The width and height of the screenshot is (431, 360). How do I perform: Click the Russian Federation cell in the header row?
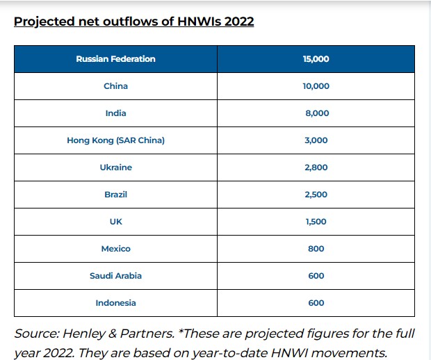pyautogui.click(x=115, y=59)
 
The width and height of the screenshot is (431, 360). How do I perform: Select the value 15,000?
pyautogui.click(x=316, y=59)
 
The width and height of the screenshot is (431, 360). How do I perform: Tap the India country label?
pyautogui.click(x=115, y=113)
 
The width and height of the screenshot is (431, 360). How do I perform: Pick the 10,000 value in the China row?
pyautogui.click(x=316, y=86)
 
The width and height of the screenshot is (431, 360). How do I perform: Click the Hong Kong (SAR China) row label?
pyautogui.click(x=115, y=140)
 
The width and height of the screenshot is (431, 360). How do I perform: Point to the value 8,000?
pyautogui.click(x=316, y=113)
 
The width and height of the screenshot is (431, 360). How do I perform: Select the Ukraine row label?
pyautogui.click(x=115, y=167)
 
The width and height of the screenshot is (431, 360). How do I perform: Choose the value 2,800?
pyautogui.click(x=316, y=167)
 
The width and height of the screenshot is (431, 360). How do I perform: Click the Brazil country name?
pyautogui.click(x=115, y=195)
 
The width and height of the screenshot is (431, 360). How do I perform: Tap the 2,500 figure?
pyautogui.click(x=316, y=195)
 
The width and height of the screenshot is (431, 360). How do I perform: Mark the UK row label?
pyautogui.click(x=115, y=222)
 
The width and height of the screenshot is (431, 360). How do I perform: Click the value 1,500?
pyautogui.click(x=316, y=222)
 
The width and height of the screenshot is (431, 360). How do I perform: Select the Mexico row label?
pyautogui.click(x=115, y=249)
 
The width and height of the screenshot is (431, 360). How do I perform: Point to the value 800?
pyautogui.click(x=316, y=249)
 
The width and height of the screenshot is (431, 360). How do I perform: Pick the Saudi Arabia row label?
pyautogui.click(x=115, y=276)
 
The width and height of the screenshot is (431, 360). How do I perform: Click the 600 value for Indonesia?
pyautogui.click(x=316, y=303)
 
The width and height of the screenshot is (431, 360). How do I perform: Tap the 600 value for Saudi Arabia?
pyautogui.click(x=316, y=276)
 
